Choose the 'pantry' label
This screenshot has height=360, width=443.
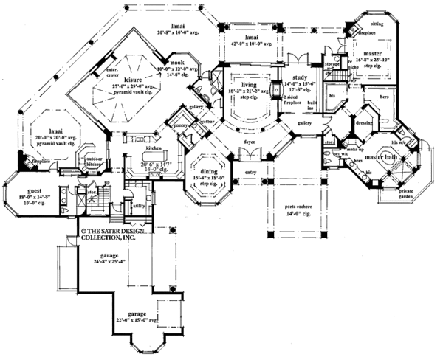coord(177,127)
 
